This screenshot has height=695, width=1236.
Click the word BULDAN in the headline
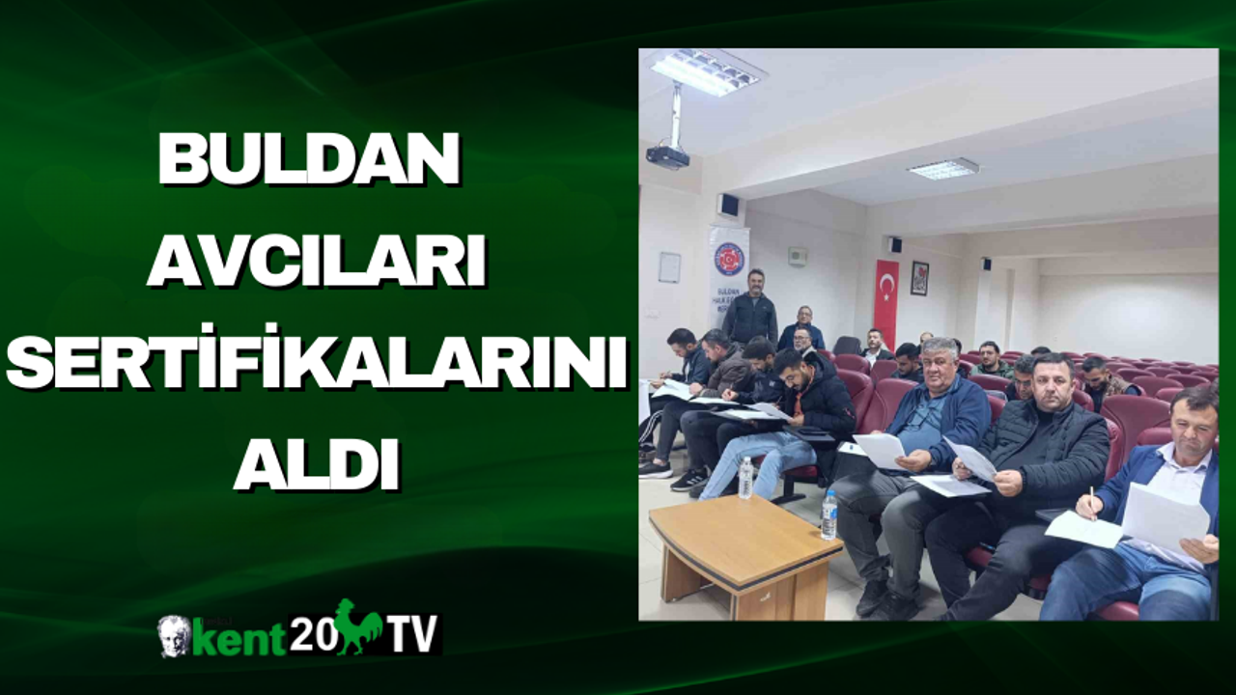point(309,158)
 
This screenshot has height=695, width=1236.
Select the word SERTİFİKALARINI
point(317,362)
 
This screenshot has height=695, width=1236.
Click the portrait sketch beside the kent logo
point(173,636)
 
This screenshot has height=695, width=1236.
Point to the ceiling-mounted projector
point(667,155)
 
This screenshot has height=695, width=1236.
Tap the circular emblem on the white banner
point(729,260)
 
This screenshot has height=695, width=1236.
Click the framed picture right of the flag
point(920,278)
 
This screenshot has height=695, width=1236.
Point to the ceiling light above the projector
point(705,71)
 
